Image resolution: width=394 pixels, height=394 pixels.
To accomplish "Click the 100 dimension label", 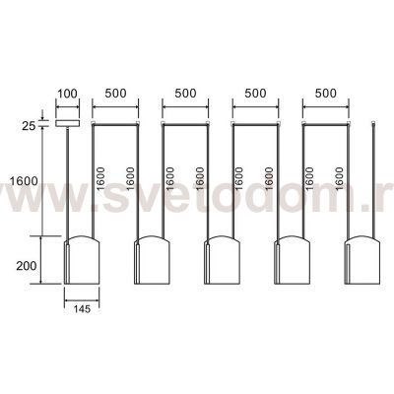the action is pos(68,94).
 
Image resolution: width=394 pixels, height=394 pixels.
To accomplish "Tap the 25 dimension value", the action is pos(29,126).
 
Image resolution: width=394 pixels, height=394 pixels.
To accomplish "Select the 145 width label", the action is pos(82,309).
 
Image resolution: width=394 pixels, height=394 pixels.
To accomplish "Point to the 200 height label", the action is pos(27,266).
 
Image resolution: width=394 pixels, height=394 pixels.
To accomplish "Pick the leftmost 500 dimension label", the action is pos(115,94).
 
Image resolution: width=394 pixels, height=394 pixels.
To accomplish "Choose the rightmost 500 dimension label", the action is pos(326,94).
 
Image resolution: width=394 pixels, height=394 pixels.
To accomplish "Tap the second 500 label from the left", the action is pos(185,94).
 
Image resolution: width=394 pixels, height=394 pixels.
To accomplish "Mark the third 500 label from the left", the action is pos(255,94).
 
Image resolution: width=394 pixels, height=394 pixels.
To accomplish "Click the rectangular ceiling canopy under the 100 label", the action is pos(68,123).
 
